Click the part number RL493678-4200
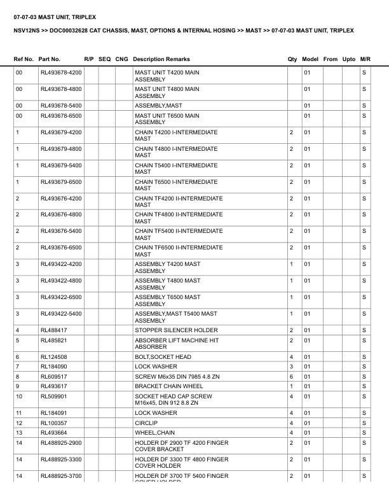[x=61, y=73]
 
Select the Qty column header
[x=292, y=59]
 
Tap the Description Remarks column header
[x=161, y=59]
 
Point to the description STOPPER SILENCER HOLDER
[x=176, y=330]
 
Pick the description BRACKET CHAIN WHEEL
[x=169, y=386]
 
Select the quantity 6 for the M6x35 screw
[x=291, y=377]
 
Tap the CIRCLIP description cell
[x=147, y=423]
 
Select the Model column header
[x=310, y=59]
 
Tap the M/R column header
[x=365, y=59]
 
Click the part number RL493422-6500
[x=61, y=297]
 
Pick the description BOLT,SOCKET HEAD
[x=163, y=357]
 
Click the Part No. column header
[x=50, y=59]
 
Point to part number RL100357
[x=53, y=423]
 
